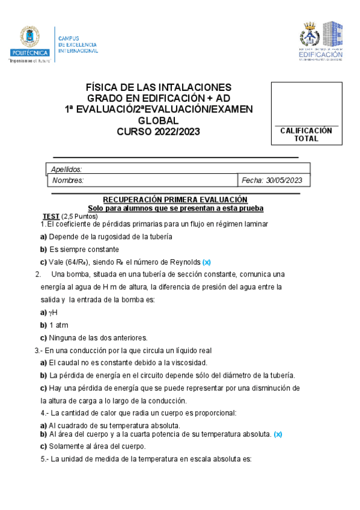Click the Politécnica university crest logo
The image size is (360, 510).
(x=29, y=40)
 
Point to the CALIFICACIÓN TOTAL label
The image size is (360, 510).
(x=306, y=134)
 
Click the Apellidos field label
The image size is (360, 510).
(x=67, y=170)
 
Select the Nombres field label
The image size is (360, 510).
(x=68, y=180)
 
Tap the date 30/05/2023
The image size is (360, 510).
(x=289, y=180)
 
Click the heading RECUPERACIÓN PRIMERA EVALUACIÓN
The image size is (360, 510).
(x=175, y=199)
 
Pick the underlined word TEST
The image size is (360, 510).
(x=50, y=216)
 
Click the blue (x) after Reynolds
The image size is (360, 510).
(x=206, y=262)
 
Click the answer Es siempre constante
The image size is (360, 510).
(x=88, y=249)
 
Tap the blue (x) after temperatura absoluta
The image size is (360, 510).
(x=278, y=434)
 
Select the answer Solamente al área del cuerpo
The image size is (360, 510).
(x=97, y=446)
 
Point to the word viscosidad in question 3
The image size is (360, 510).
(x=188, y=363)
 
